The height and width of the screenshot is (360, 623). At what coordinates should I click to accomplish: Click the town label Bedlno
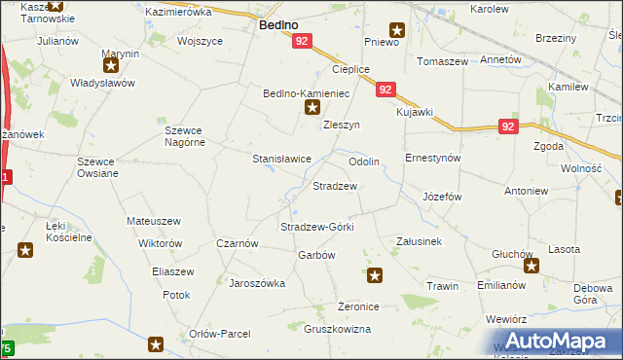[278, 25]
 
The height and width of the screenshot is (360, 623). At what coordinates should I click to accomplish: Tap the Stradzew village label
[334, 185]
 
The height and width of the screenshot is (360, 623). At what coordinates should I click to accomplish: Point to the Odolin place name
[363, 161]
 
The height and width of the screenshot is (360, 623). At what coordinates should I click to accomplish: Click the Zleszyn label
[342, 126]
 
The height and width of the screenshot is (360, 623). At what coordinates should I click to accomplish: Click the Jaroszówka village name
[256, 283]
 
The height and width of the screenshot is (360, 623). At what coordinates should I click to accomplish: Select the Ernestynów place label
[432, 158]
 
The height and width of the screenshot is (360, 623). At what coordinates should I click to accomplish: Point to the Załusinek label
[420, 240]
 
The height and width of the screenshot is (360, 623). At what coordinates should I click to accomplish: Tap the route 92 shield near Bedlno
[302, 42]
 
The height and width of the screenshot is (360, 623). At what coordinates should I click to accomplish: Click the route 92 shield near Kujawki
[386, 90]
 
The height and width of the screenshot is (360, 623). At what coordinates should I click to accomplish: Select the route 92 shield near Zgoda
[508, 126]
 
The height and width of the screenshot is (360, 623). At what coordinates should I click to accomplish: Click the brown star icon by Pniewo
[396, 29]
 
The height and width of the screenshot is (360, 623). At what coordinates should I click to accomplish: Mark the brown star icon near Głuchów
[531, 266]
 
